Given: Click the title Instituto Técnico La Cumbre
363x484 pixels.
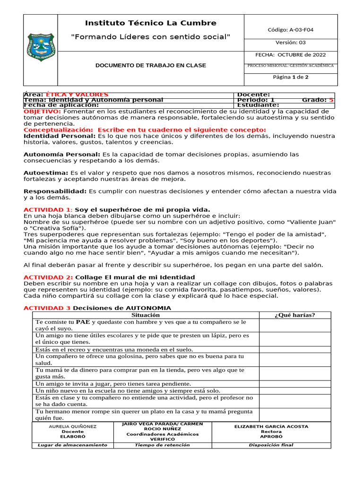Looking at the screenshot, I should (150, 23).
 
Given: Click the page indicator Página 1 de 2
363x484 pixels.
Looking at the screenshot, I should (291, 77).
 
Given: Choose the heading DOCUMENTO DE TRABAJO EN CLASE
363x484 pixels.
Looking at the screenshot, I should (150, 66).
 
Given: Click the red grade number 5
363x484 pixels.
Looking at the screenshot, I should (331, 100).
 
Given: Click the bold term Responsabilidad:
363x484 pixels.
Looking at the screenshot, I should (55, 191).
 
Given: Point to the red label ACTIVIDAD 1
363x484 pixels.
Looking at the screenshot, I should (47, 209).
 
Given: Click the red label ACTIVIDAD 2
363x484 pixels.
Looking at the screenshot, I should (48, 277).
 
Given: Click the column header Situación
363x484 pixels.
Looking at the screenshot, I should (146, 315).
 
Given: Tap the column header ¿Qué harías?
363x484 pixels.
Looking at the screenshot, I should (294, 315).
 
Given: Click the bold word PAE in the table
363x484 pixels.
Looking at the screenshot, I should (83, 322).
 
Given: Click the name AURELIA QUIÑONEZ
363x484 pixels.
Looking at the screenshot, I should (73, 426).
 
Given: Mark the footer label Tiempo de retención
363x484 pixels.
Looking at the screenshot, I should (162, 445).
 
